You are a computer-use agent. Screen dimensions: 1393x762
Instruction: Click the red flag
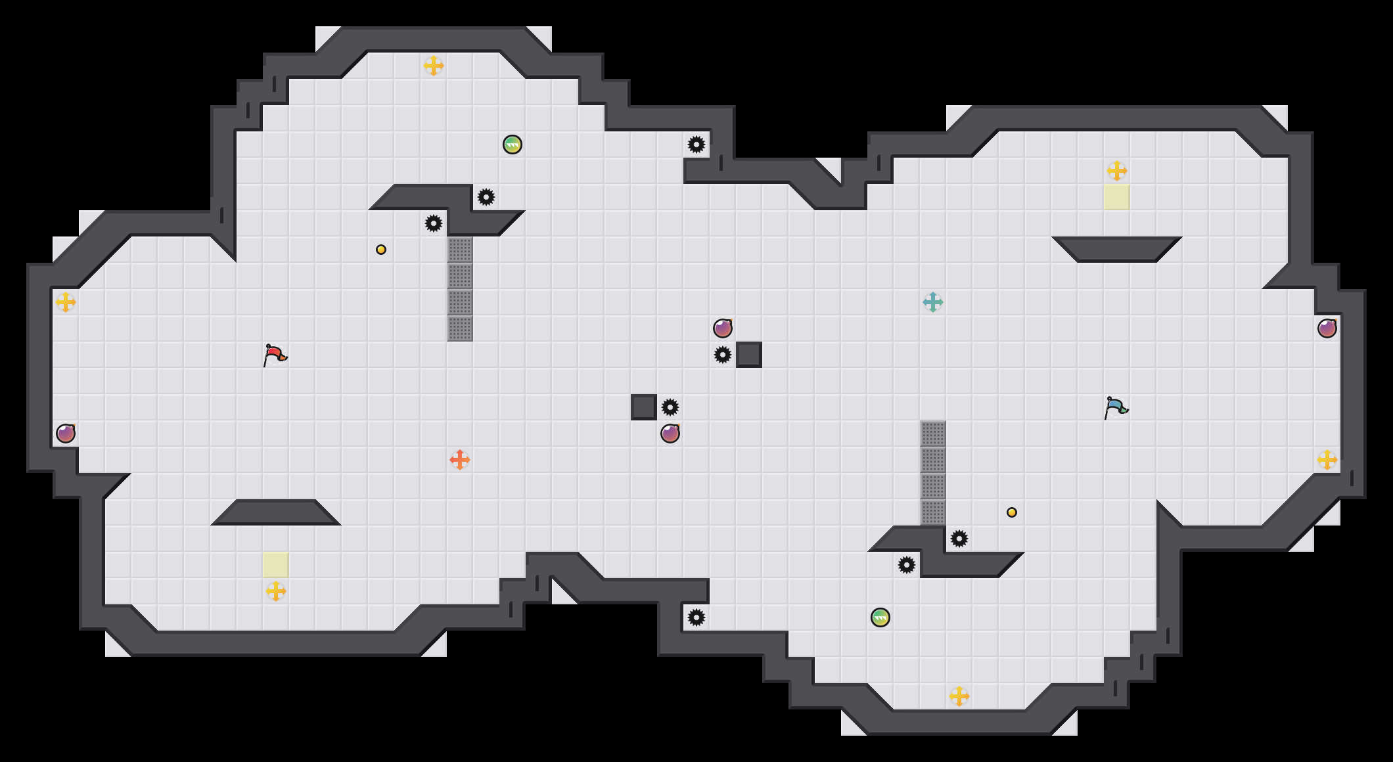(275, 355)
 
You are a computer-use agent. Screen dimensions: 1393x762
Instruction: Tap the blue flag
(1116, 408)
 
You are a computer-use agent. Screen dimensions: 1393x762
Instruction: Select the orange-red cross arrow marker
(460, 460)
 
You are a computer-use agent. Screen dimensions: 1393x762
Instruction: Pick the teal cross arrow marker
(933, 302)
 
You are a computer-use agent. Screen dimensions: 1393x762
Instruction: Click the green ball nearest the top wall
(513, 145)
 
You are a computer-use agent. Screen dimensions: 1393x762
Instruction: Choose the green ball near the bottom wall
(880, 617)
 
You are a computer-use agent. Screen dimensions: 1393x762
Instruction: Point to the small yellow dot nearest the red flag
(381, 250)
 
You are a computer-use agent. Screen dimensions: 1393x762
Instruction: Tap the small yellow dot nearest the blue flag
(1012, 512)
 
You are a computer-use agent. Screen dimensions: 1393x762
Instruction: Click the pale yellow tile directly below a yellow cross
(1117, 197)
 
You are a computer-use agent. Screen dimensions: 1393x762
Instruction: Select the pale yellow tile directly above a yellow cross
(276, 565)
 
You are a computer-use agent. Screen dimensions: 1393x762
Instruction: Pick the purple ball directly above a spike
(723, 328)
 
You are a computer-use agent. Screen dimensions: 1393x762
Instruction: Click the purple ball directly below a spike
(670, 434)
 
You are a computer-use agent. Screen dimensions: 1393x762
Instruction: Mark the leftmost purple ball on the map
(66, 434)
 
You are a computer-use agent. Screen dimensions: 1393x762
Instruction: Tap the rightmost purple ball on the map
(1327, 328)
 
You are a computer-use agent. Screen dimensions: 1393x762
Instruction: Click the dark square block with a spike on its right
(644, 407)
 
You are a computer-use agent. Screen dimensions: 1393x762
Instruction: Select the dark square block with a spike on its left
(749, 355)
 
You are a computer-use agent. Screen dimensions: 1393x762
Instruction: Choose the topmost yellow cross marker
(434, 66)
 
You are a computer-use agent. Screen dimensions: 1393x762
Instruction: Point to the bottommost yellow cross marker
(959, 696)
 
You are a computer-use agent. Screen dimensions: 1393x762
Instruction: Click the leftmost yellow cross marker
(66, 302)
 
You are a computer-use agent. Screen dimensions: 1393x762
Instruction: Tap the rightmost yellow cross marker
(1327, 460)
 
